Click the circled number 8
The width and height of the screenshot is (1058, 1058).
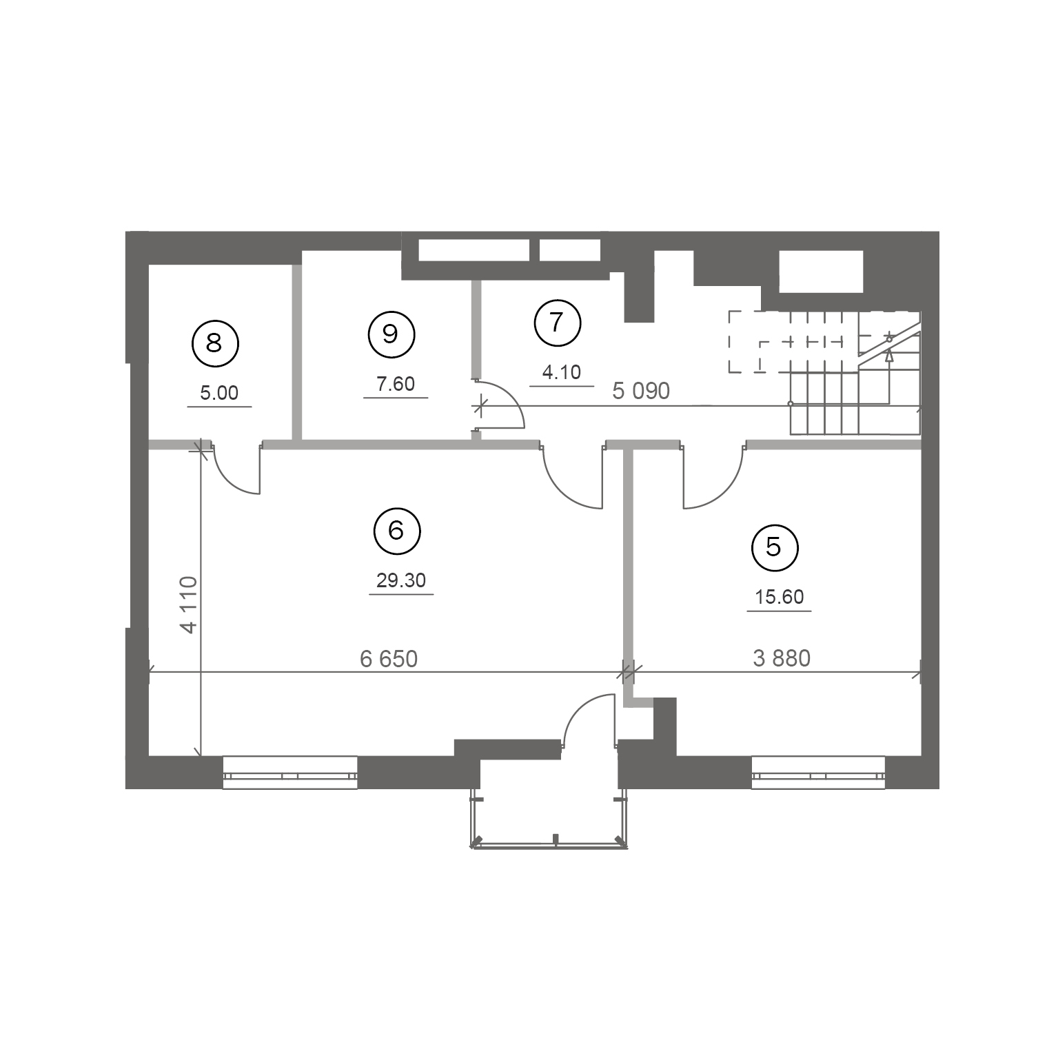click(x=214, y=343)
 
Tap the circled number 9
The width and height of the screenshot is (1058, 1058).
click(x=391, y=334)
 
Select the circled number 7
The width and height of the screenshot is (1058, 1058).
click(x=558, y=322)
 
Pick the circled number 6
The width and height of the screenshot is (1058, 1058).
click(x=396, y=531)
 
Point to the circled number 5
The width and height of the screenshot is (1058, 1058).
click(x=774, y=547)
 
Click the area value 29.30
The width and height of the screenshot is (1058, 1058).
click(x=401, y=581)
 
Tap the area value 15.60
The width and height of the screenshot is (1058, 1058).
click(x=780, y=597)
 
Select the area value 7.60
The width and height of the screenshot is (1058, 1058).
click(x=396, y=384)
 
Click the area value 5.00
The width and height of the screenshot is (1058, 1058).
click(x=219, y=393)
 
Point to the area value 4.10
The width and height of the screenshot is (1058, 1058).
click(x=562, y=373)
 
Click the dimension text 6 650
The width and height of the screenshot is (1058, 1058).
click(x=389, y=659)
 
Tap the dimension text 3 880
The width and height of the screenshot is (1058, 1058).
click(x=782, y=658)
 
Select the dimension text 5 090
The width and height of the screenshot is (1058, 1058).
click(x=641, y=391)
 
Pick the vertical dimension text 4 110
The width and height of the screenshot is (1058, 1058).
click(x=188, y=604)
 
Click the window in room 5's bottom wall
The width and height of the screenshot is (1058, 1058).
click(x=818, y=772)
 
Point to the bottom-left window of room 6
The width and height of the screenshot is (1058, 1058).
click(x=290, y=772)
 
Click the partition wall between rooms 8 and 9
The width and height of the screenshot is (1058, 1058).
click(x=298, y=352)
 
